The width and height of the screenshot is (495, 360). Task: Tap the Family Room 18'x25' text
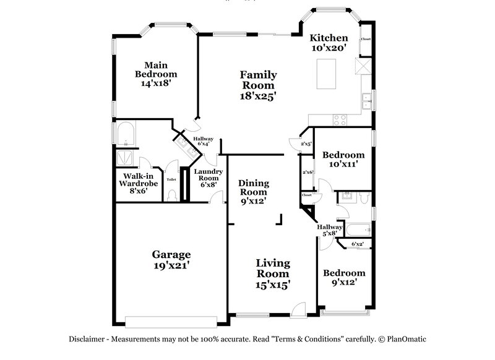(258, 85)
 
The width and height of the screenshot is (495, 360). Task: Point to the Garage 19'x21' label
(171, 259)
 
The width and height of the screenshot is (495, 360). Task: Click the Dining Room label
(254, 192)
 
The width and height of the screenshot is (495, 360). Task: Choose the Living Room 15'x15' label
(273, 273)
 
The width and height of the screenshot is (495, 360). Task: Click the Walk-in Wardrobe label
(139, 183)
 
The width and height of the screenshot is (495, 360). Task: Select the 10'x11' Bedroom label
(343, 160)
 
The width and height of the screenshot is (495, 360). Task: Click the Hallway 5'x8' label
(330, 230)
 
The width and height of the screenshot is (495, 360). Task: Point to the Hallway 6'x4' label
(203, 142)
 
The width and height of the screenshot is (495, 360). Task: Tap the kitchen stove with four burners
(340, 118)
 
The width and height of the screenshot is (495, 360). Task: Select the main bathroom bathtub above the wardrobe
(127, 132)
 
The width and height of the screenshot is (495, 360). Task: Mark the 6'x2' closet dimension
(357, 244)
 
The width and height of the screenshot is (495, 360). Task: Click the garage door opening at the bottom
(171, 321)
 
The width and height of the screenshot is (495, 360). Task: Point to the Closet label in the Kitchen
(366, 39)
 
